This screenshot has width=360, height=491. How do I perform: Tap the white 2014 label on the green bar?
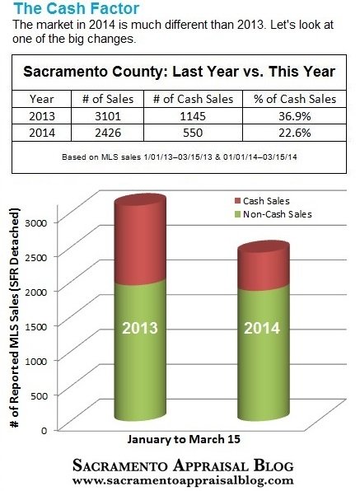pos(265,328)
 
